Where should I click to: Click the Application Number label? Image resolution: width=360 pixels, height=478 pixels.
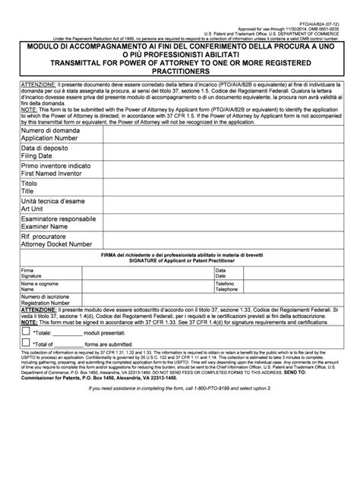pyautogui.click(x=49, y=140)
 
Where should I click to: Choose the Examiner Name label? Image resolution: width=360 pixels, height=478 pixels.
pyautogui.click(x=48, y=226)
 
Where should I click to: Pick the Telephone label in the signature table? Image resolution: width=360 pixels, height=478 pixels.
pyautogui.click(x=227, y=290)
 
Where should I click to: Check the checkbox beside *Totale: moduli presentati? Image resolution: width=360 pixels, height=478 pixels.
pyautogui.click(x=27, y=332)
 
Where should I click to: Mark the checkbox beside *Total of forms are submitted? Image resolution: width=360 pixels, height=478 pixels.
pyautogui.click(x=27, y=344)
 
